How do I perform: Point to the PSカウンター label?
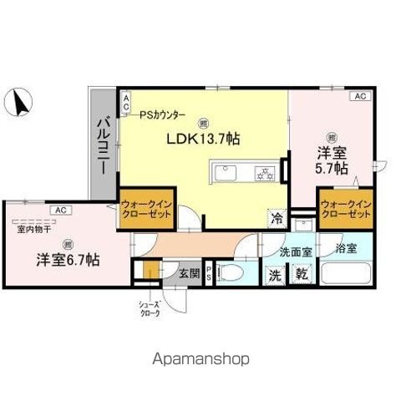click(x=163, y=114)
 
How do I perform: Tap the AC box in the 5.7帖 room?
click(x=360, y=97)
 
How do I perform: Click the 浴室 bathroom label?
click(x=345, y=248)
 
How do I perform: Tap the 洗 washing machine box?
click(x=275, y=274)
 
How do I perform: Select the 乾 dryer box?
click(x=301, y=274)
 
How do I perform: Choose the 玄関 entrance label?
click(x=188, y=272)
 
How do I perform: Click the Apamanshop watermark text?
click(x=200, y=358)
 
